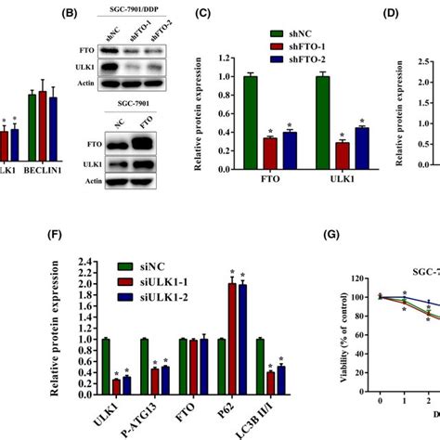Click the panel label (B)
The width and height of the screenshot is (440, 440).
click(71, 16)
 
